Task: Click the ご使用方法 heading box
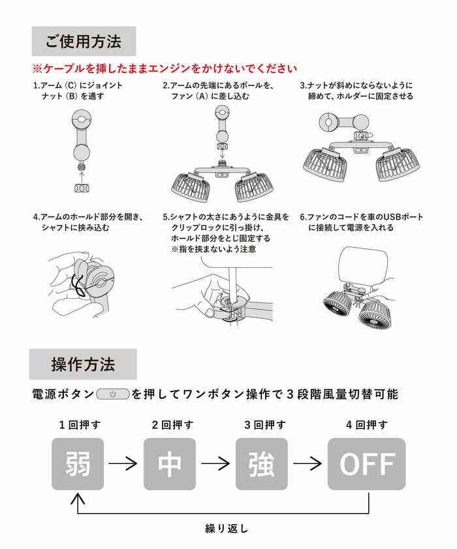pos(84,42)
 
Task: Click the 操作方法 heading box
pos(83,364)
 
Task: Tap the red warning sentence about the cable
pos(165,69)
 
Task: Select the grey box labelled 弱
pos(78,464)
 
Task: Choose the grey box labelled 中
pos(170,464)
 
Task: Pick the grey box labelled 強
pos(262,464)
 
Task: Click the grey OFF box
pos(366,464)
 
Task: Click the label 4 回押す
pos(367,425)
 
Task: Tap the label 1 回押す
pos(80,425)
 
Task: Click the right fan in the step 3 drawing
pos(396,164)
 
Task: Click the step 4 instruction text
pos(88,222)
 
